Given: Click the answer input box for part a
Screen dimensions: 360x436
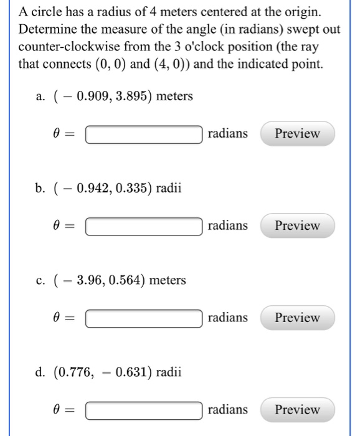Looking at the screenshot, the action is click(x=144, y=134).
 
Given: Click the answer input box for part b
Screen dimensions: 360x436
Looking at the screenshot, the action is click(x=144, y=226).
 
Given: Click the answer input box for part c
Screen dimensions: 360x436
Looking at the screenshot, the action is click(x=144, y=318).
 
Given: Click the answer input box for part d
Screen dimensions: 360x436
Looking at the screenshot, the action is click(x=144, y=410).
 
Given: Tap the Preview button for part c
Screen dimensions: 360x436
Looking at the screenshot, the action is click(x=297, y=318).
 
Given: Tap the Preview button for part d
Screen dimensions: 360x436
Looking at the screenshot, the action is click(x=297, y=410).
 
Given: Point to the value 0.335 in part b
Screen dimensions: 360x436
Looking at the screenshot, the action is click(x=129, y=189).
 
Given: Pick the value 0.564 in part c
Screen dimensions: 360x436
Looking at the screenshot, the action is click(x=126, y=281).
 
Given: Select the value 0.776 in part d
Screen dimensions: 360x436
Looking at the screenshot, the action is click(x=76, y=373).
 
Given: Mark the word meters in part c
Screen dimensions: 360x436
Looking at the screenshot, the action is click(x=168, y=281).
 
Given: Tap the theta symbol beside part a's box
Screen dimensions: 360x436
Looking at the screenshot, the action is click(x=57, y=134).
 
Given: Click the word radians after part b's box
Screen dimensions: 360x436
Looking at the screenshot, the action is click(x=228, y=225).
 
